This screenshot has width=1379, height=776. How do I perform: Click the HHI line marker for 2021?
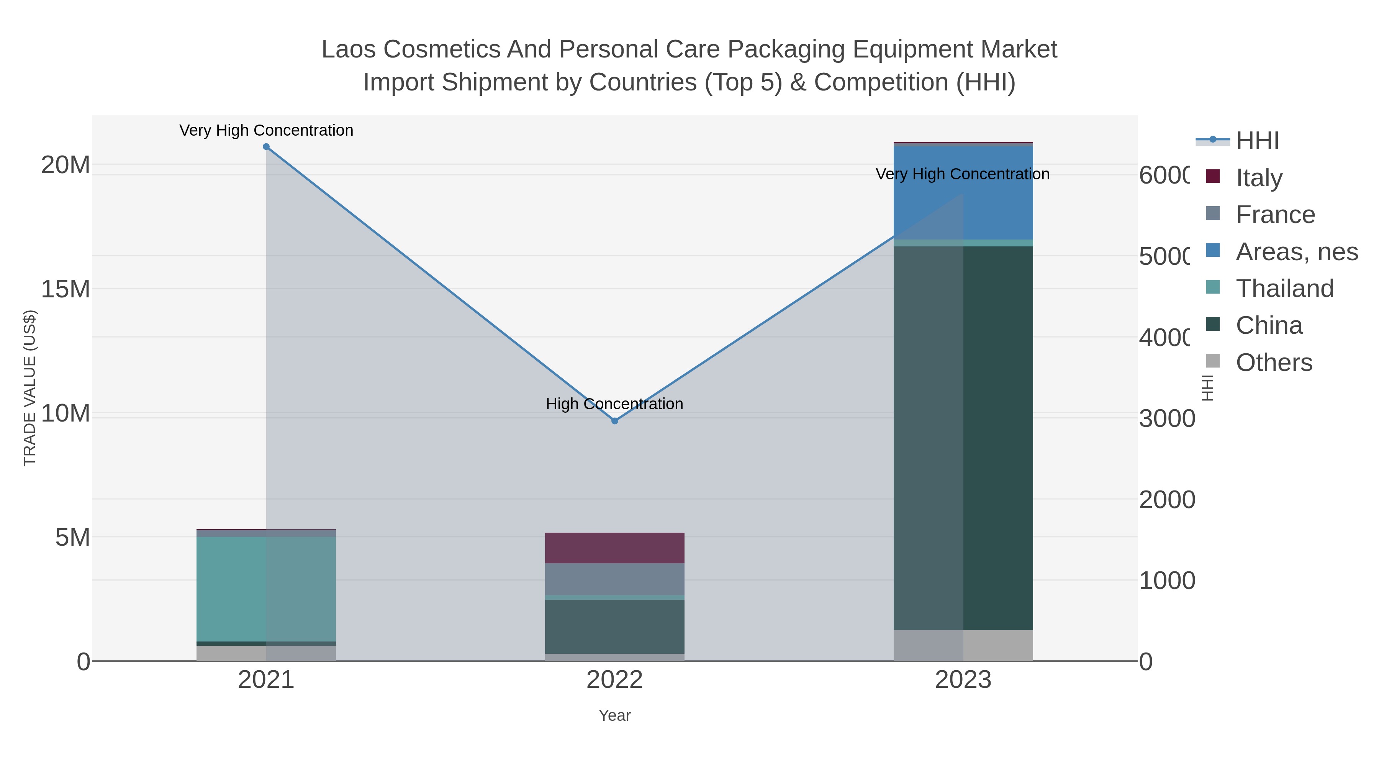click(x=266, y=147)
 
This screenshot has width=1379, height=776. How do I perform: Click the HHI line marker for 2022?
click(x=614, y=421)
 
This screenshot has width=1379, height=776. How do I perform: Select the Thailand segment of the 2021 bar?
click(x=266, y=589)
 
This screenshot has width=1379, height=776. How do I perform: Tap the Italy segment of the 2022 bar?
click(x=614, y=548)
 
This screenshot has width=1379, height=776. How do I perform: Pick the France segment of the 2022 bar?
click(x=614, y=579)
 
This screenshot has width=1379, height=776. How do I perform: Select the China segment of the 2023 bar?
click(x=963, y=438)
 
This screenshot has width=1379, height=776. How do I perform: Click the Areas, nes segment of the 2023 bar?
click(x=963, y=193)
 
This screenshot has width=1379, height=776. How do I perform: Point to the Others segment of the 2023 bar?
click(x=963, y=645)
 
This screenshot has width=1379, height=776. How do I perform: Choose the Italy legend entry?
click(x=1259, y=178)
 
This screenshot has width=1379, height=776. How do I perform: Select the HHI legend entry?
click(x=1257, y=141)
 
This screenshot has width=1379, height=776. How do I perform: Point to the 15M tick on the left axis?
click(x=65, y=289)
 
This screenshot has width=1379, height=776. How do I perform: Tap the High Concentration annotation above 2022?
click(x=614, y=404)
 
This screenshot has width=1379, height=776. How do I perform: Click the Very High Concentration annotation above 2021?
click(x=266, y=130)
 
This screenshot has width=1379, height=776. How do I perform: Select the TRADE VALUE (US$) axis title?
click(x=29, y=388)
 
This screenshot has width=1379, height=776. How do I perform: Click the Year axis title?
click(x=614, y=715)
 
